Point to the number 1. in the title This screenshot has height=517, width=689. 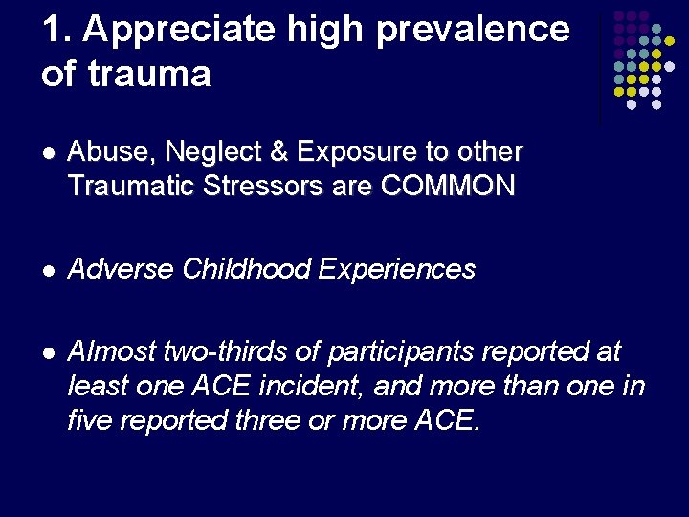[56, 30]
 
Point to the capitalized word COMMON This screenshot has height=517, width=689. [447, 185]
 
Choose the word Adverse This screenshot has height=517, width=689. [121, 270]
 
